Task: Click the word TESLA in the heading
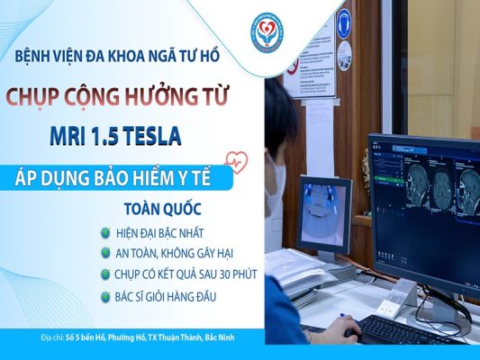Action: pyautogui.click(x=146, y=136)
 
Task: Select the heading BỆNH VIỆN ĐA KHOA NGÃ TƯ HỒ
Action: pyautogui.click(x=116, y=57)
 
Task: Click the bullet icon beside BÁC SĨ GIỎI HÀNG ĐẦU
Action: pyautogui.click(x=107, y=294)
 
